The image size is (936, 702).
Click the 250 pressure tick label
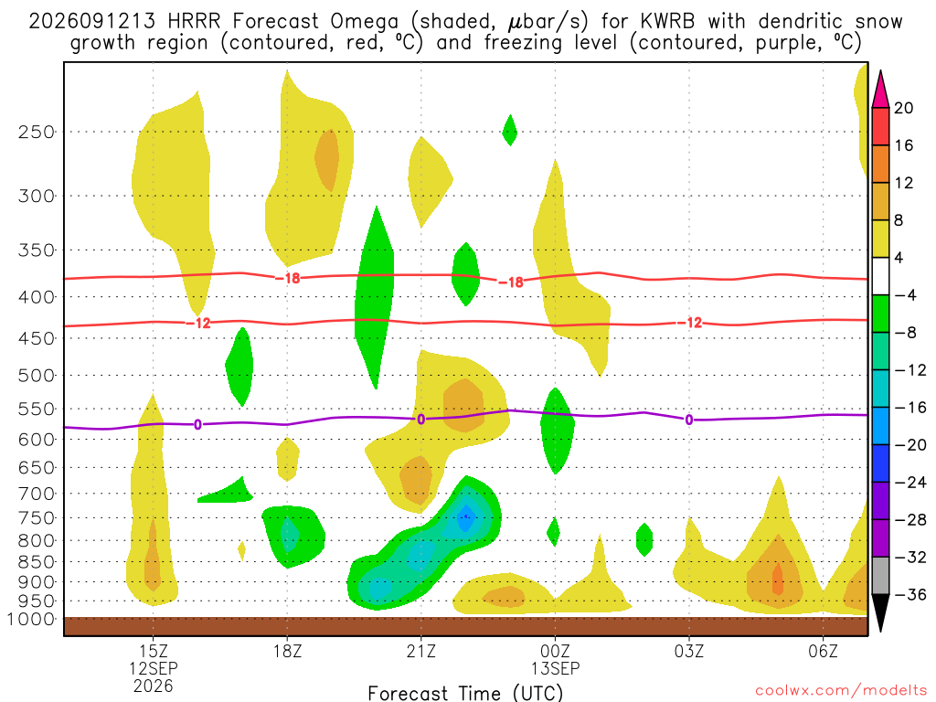tap(37, 132)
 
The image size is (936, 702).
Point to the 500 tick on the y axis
tap(37, 376)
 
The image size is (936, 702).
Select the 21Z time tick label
tap(420, 651)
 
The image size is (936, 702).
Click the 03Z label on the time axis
tap(689, 651)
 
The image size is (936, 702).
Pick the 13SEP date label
tap(555, 668)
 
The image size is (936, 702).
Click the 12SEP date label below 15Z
tap(154, 668)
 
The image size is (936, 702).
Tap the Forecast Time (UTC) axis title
tap(465, 693)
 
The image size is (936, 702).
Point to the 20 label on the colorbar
tap(903, 108)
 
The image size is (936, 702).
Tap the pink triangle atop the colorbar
tap(880, 90)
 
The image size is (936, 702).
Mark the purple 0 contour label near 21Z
tap(420, 420)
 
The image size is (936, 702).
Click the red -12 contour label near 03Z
tap(689, 323)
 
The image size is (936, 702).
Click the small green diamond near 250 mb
tap(509, 130)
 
